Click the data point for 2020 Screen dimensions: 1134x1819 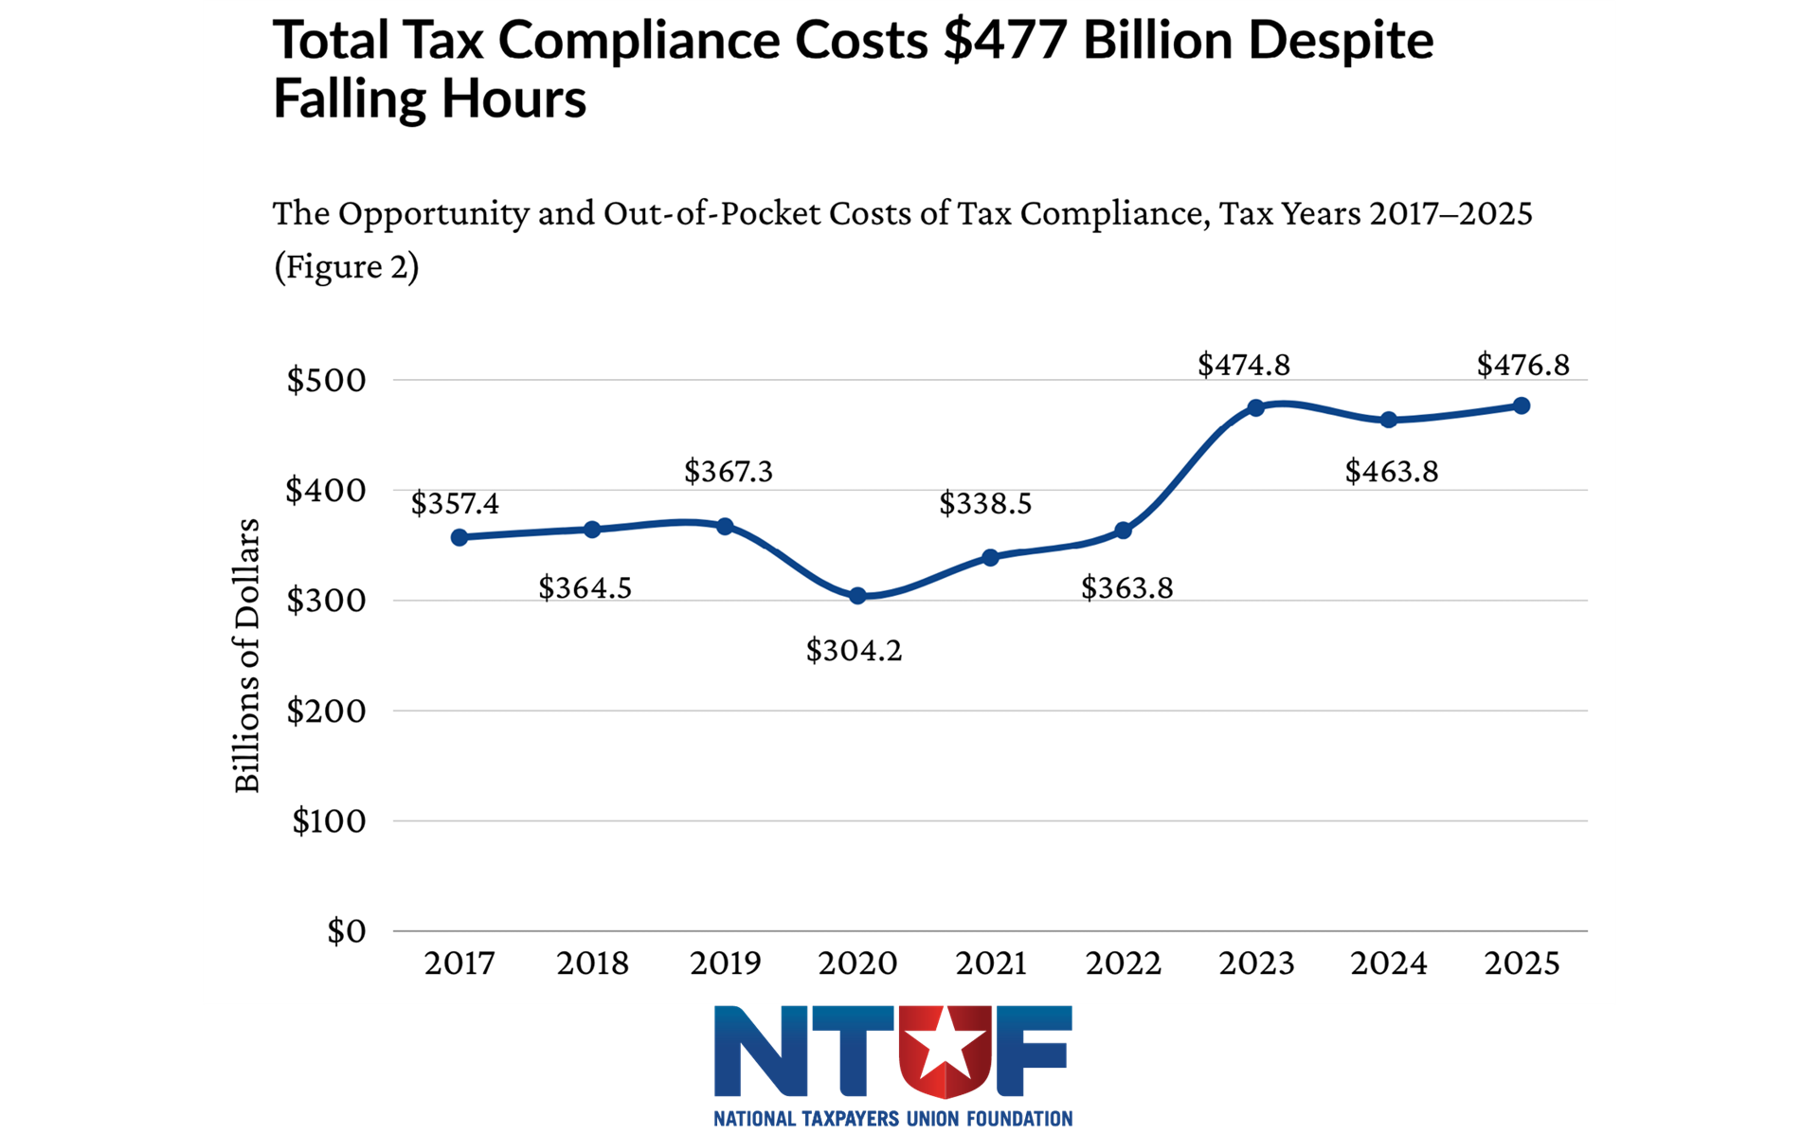pos(857,596)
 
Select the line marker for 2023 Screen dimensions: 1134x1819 pos(1256,408)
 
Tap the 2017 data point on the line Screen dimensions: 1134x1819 pos(459,537)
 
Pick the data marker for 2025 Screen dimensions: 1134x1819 pos(1522,405)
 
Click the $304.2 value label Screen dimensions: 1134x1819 pos(854,651)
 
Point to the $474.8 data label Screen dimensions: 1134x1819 pos(1243,365)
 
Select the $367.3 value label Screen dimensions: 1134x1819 pos(728,471)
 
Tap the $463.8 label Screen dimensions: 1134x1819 pos(1391,471)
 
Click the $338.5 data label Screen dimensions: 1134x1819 pos(984,503)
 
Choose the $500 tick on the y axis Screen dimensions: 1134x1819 pos(326,380)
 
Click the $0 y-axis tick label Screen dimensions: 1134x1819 pos(346,931)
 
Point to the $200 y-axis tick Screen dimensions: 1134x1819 pos(326,711)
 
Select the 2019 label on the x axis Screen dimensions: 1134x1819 pos(725,963)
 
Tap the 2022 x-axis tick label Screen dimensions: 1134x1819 pos(1123,963)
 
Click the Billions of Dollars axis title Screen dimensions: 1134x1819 pos(247,655)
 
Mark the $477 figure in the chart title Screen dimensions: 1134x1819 pos(1005,41)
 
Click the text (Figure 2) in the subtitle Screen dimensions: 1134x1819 pos(346,267)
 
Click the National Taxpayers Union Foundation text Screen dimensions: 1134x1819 pos(892,1119)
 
